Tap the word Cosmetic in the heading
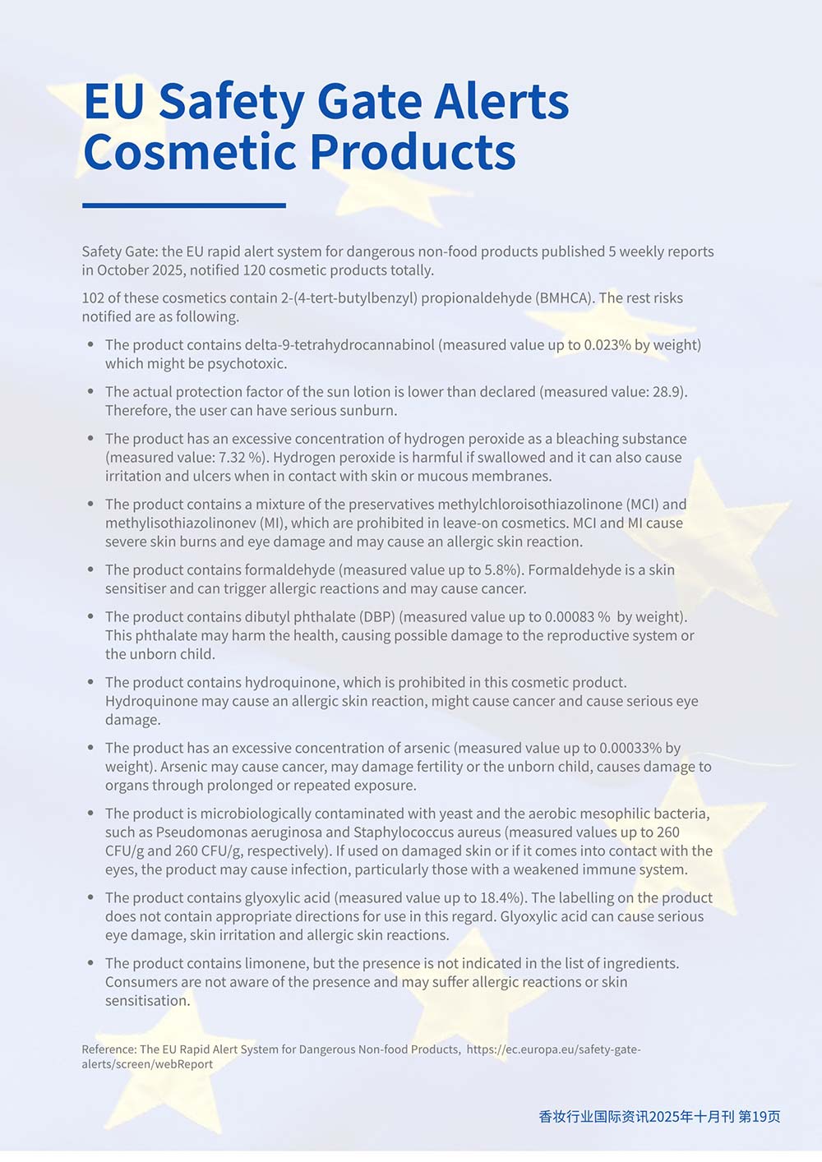coord(192,152)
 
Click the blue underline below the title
coord(184,205)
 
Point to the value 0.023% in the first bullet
coord(607,344)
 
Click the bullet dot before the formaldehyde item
coord(90,569)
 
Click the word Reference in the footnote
coord(109,1049)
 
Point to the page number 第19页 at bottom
coord(760,1116)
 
